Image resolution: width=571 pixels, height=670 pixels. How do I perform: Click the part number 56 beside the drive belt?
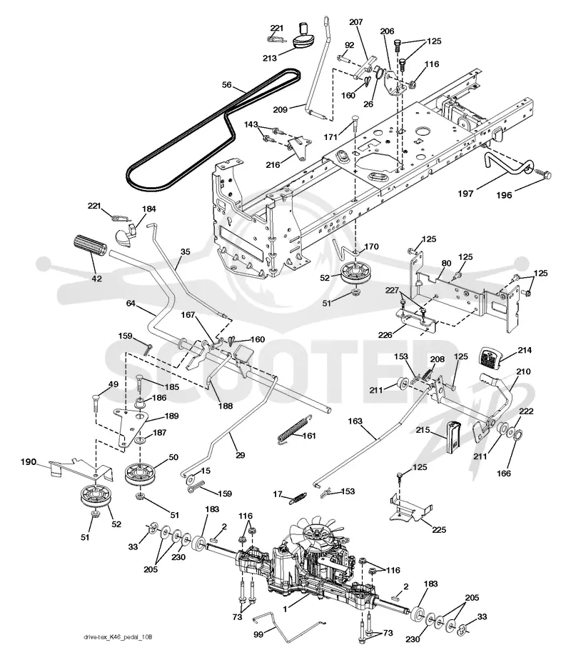226,85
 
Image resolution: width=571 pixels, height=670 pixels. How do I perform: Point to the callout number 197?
465,193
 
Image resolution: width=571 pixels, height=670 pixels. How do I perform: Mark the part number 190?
29,462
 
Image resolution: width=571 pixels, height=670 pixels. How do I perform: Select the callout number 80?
446,263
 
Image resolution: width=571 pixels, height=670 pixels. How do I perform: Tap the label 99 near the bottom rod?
258,634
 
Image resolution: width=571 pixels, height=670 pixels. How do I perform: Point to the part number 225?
439,529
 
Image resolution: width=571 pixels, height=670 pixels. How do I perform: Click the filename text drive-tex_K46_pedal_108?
118,638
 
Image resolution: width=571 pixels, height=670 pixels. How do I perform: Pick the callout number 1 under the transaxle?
285,608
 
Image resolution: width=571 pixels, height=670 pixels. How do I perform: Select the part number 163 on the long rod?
355,421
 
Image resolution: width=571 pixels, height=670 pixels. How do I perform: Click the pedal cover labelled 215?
453,436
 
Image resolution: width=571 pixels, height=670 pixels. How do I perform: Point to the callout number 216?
273,164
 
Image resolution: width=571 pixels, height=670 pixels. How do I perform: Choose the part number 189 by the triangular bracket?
171,416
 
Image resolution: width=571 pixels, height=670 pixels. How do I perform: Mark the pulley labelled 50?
141,474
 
